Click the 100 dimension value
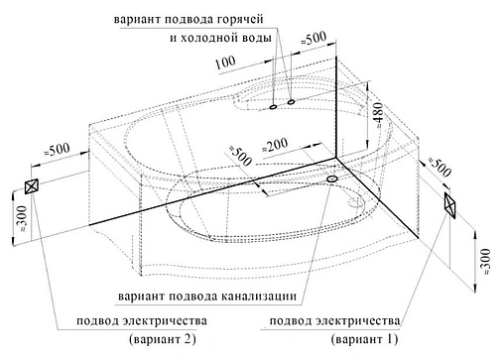(224, 62)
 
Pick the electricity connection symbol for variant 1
(451, 204)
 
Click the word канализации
(258, 296)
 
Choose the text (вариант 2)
(163, 342)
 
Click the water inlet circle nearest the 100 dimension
(272, 105)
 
